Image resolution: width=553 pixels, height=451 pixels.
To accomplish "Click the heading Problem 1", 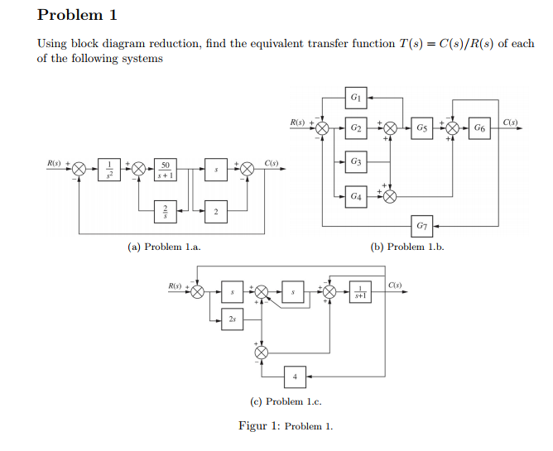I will (78, 15).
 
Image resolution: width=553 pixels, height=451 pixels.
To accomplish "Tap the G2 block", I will (355, 128).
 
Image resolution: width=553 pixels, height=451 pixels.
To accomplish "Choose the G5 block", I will (422, 128).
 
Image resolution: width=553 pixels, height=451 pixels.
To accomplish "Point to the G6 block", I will (480, 128).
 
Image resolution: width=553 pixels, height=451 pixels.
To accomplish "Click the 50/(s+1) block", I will (166, 170).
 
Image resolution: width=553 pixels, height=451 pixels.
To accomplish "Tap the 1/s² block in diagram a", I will (110, 170).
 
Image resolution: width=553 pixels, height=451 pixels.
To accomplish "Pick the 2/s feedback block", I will (166, 213).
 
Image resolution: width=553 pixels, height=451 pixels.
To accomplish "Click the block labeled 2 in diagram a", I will (215, 213).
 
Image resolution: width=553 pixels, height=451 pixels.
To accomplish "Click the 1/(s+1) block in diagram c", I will (360, 291).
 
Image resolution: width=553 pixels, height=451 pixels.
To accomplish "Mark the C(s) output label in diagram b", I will (510, 122).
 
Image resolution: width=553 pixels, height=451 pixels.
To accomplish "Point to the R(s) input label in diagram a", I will (55, 162).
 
